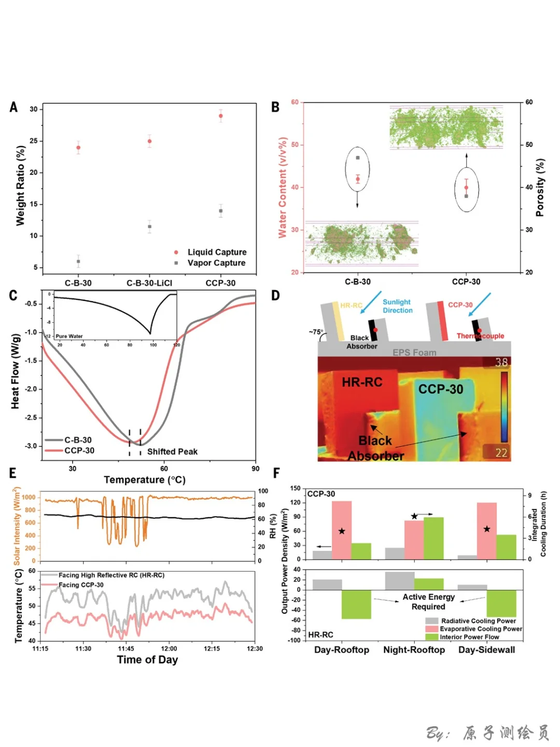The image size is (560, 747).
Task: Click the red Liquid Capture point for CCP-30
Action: click(221, 116)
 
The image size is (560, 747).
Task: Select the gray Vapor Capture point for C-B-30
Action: click(78, 261)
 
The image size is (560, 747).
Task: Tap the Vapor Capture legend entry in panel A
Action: click(216, 263)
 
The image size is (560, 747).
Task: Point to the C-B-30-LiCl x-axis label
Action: click(149, 283)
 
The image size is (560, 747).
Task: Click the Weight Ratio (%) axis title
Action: click(20, 185)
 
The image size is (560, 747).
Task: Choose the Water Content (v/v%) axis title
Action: click(283, 187)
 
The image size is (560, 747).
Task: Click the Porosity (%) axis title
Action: click(540, 187)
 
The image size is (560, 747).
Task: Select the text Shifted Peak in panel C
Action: click(172, 452)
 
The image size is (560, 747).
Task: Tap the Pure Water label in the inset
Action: click(69, 336)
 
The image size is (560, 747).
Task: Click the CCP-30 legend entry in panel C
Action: click(79, 451)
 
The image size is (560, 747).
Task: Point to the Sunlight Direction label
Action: click(397, 306)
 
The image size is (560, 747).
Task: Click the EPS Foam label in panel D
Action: click(414, 352)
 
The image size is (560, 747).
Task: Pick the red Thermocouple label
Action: click(480, 336)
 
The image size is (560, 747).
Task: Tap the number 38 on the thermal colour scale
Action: click(501, 362)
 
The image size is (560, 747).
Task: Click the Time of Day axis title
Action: click(147, 660)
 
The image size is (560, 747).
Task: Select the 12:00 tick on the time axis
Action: click(169, 648)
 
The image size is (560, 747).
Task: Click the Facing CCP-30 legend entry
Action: click(81, 585)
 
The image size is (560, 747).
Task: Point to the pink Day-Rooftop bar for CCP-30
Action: click(342, 530)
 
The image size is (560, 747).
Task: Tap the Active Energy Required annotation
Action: click(428, 602)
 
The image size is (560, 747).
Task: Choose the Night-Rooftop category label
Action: click(414, 650)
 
